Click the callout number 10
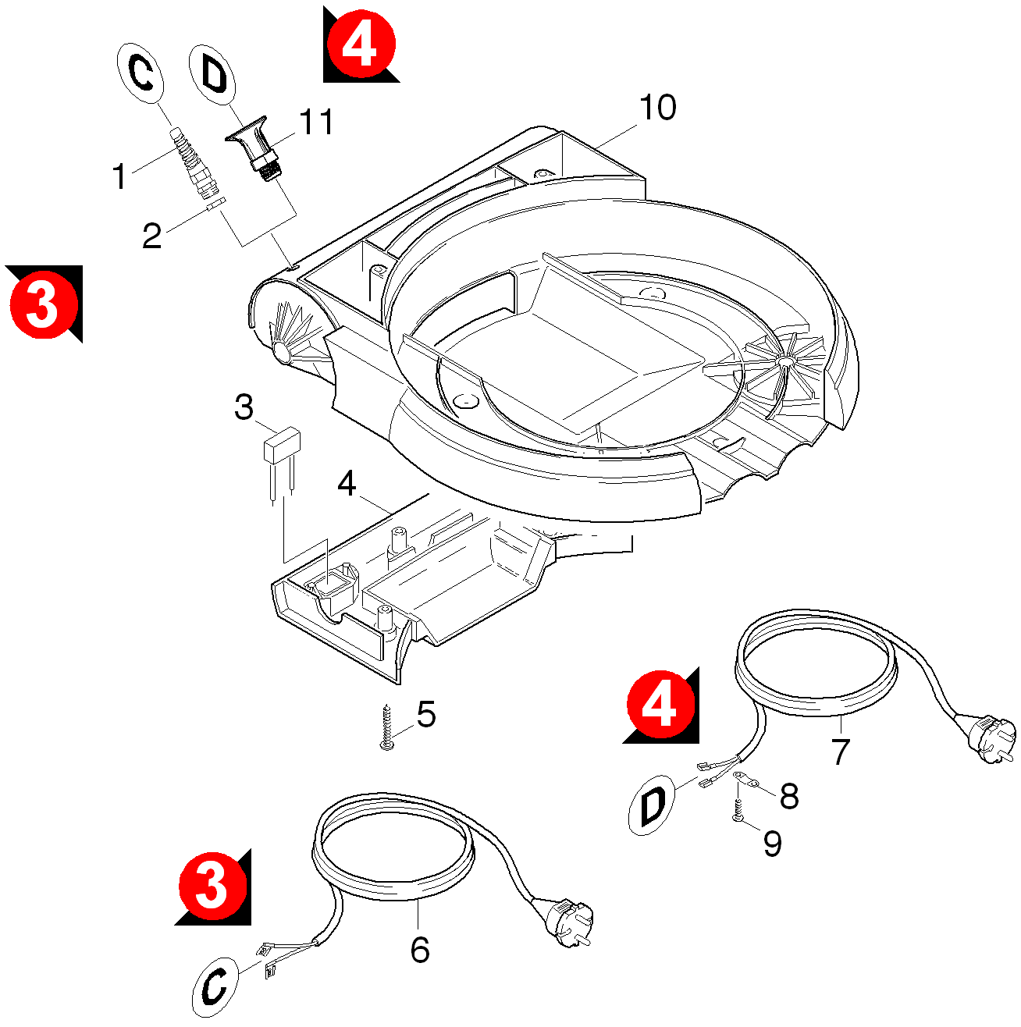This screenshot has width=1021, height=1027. point(657,108)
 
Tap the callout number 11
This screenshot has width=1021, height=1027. point(316,123)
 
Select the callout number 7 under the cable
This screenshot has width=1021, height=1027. point(839,752)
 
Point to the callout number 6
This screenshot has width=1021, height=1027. point(420,950)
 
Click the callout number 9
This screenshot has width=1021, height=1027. point(772,844)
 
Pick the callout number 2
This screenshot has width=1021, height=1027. point(151,236)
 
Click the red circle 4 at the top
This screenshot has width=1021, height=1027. point(361,44)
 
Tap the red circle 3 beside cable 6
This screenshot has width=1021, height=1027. point(213,887)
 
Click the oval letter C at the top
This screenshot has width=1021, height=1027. point(141,73)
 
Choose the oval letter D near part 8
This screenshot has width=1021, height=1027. point(652,805)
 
